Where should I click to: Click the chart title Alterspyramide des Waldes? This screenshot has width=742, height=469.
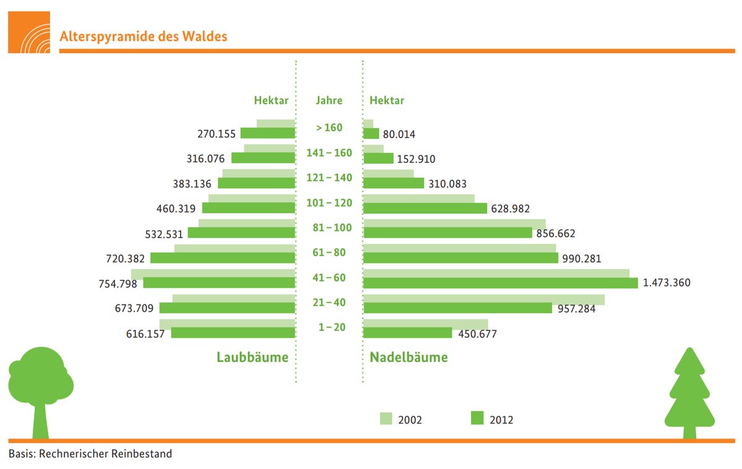143,37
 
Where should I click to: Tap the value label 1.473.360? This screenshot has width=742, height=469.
667,283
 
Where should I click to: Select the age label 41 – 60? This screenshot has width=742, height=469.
329,278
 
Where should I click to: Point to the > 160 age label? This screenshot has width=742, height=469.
329,128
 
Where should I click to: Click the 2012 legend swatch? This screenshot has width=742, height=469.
476,418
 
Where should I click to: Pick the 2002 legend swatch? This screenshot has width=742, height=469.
385,418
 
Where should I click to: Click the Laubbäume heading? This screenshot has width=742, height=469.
252,357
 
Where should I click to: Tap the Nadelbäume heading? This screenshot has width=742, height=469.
409,357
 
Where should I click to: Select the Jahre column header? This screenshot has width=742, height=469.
329,100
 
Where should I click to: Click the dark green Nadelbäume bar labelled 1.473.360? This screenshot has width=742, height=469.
500,283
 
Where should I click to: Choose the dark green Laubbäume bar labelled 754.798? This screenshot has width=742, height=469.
219,283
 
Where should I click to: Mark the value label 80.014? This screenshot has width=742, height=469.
399,134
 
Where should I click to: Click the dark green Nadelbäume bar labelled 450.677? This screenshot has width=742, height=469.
407,333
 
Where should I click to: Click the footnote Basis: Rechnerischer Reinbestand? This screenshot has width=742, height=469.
90,454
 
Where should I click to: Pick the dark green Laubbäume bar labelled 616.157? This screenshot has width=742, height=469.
233,333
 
